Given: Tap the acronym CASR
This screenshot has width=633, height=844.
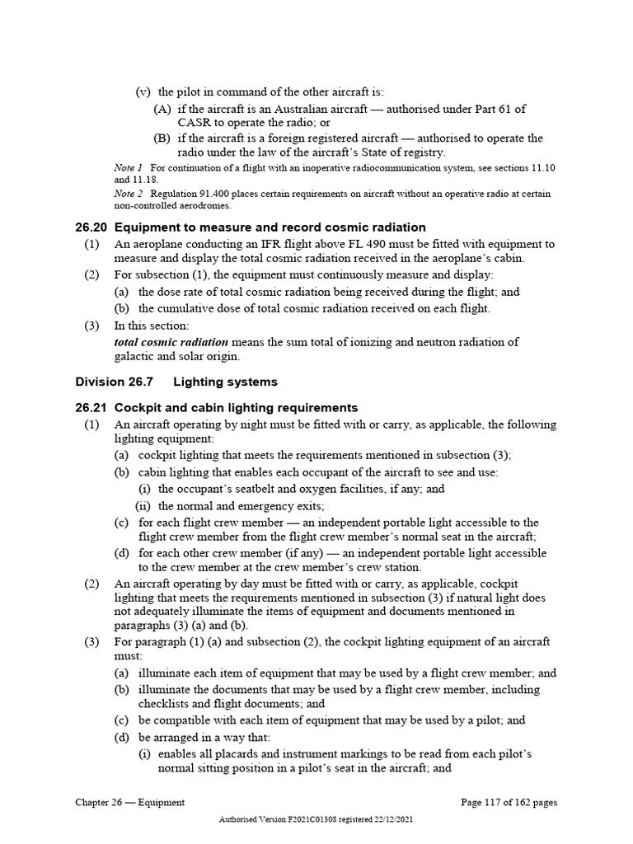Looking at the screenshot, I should click(x=196, y=123).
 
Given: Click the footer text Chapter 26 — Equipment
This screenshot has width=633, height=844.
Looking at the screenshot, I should click(x=129, y=802).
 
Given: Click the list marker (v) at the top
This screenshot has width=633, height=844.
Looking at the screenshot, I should click(x=143, y=91).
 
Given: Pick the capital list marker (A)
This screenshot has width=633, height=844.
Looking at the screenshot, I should click(x=162, y=108).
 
